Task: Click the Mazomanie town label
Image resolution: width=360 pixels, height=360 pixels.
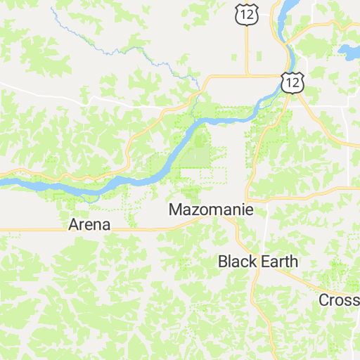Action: tap(210, 210)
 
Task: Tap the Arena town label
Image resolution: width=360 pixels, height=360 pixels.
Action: tap(89, 225)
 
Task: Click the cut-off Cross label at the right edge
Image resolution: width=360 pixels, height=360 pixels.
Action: tap(340, 300)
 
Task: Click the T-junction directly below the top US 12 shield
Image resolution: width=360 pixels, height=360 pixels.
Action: tap(247, 75)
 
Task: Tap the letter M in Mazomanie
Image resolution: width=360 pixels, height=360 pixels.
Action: tap(176, 210)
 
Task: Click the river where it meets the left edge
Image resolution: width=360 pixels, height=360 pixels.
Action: tap(4, 181)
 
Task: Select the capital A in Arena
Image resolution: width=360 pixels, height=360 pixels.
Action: tap(74, 225)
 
